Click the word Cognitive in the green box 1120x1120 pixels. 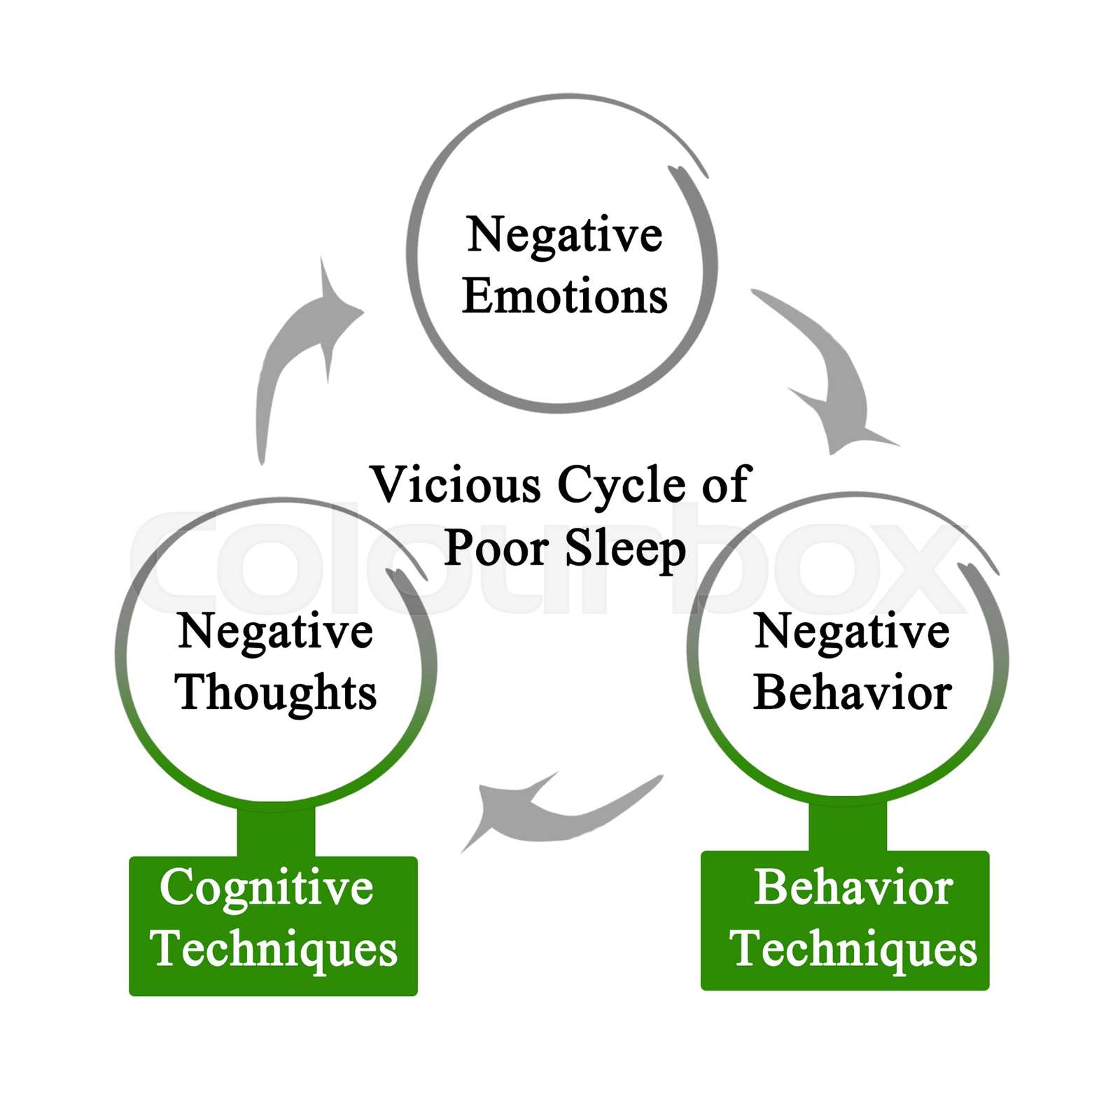(x=266, y=887)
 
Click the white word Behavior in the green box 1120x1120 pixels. (x=853, y=888)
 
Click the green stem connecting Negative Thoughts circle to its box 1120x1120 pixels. (x=276, y=831)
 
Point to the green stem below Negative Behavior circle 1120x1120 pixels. (x=847, y=826)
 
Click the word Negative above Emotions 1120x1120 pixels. (x=564, y=234)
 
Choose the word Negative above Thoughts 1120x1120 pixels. (x=275, y=631)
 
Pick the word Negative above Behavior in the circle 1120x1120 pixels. (x=851, y=631)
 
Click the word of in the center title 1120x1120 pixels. (x=726, y=484)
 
